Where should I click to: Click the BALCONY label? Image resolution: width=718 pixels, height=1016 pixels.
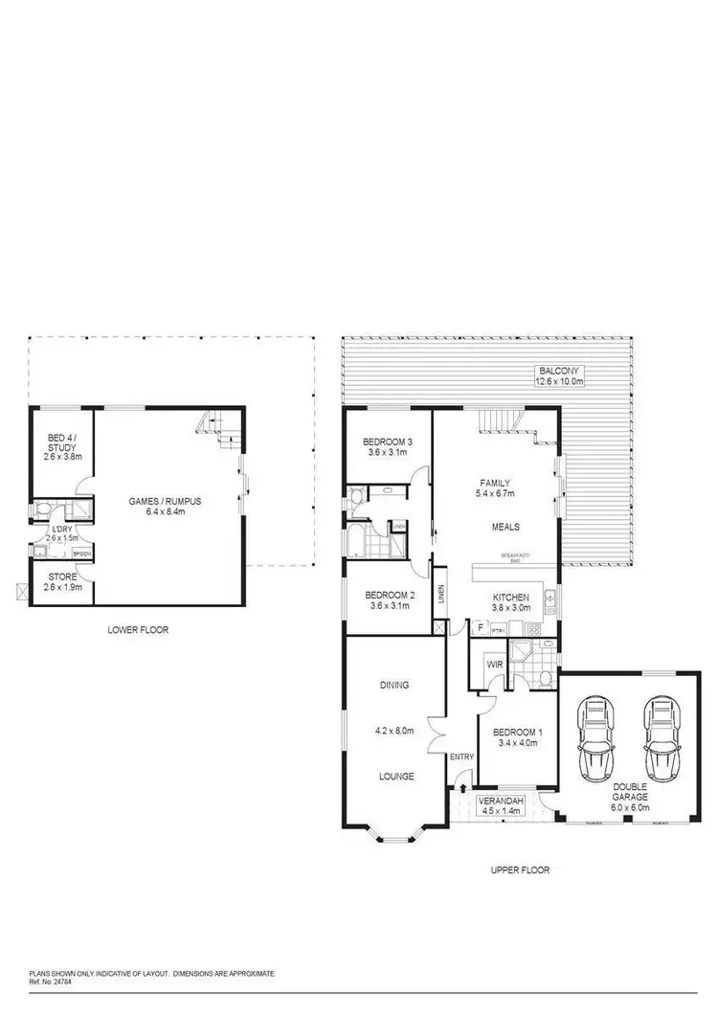[559, 371]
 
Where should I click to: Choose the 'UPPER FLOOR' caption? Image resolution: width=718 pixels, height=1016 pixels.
[520, 870]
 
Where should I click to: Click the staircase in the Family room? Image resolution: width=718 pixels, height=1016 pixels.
[501, 421]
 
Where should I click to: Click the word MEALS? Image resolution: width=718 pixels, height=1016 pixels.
[505, 526]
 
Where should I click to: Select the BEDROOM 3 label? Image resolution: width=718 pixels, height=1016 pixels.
[387, 441]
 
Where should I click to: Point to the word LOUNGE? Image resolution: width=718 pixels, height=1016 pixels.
[394, 777]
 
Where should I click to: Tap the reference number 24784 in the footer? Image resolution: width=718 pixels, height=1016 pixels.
[56, 981]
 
